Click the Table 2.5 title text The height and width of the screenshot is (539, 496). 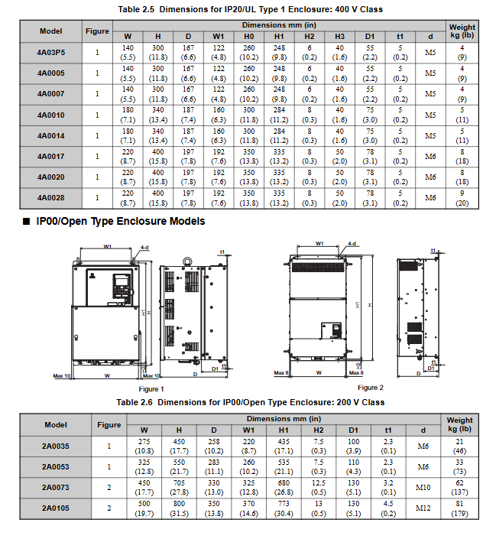(x=250, y=9)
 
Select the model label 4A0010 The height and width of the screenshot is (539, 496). (x=51, y=115)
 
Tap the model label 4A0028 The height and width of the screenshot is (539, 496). (x=51, y=197)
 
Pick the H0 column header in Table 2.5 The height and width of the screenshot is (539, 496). (x=249, y=35)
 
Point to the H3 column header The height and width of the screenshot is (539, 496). (x=339, y=35)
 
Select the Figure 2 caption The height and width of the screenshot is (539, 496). (x=370, y=388)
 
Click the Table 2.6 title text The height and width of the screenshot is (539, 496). (x=250, y=402)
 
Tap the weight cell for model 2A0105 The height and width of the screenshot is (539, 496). (x=460, y=508)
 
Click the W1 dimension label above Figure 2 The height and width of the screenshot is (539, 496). (x=319, y=243)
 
